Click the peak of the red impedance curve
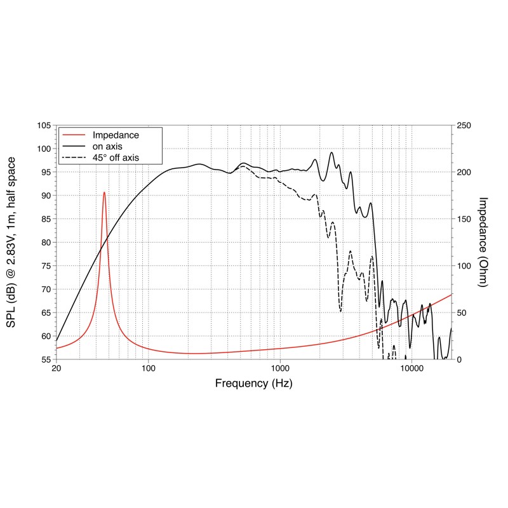coord(104,192)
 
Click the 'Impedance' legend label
coord(116,135)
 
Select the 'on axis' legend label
coord(107,147)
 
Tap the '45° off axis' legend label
coord(116,157)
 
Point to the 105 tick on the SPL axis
coord(44,125)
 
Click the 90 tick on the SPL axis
coord(46,196)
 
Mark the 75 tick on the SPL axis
coord(46,266)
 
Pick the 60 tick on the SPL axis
coord(46,337)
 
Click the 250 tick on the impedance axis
coord(464,125)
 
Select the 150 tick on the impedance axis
coord(464,219)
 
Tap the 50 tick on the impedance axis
coord(462,313)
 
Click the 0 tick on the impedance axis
coord(459,359)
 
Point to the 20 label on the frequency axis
coord(57,368)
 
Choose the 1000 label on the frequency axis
coord(280,368)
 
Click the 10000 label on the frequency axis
coord(411,368)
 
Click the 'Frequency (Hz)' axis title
coord(253,384)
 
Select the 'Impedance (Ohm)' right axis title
coord(483,242)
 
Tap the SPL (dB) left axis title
coord(11,243)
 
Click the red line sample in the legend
coord(74,135)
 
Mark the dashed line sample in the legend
coord(74,157)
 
